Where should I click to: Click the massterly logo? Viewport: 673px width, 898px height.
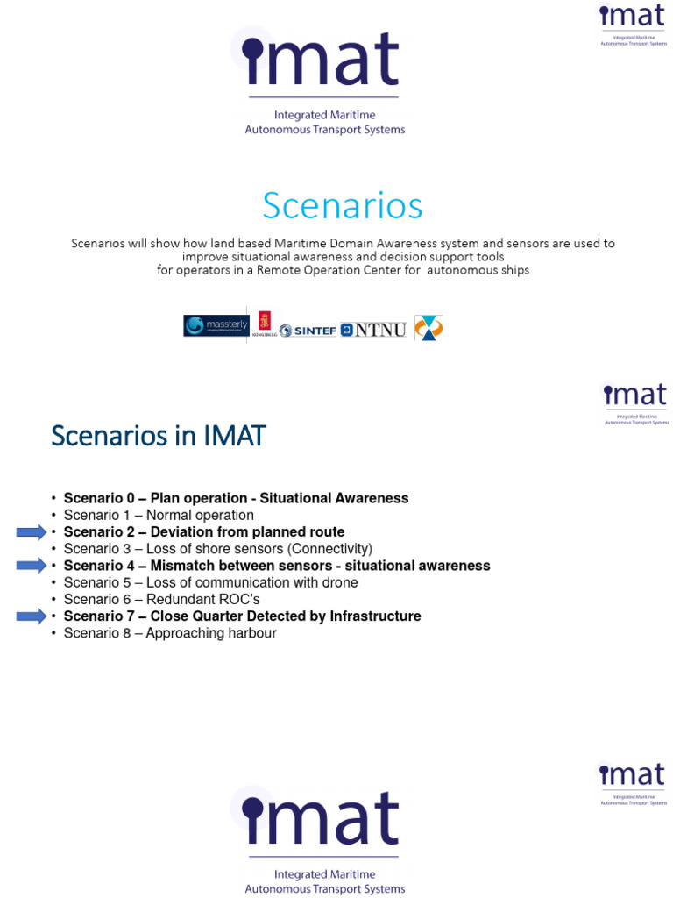click(216, 325)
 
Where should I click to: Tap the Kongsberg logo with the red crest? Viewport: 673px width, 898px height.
click(265, 324)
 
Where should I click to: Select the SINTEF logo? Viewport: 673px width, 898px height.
click(308, 331)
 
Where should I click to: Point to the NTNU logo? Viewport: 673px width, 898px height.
click(373, 330)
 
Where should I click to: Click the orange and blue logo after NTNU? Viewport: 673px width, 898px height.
click(429, 328)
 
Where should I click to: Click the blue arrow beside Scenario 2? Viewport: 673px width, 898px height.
click(31, 532)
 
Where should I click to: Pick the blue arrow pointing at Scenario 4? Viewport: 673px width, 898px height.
click(31, 566)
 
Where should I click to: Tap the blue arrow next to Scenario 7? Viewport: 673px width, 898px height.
click(31, 616)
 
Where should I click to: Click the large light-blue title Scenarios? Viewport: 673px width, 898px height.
click(343, 206)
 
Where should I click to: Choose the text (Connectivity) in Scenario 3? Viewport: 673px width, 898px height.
click(330, 549)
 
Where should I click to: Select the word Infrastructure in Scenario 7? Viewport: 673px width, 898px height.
click(375, 616)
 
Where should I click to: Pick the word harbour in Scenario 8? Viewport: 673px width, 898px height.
click(251, 633)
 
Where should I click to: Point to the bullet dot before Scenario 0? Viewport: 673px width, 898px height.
click(53, 499)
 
